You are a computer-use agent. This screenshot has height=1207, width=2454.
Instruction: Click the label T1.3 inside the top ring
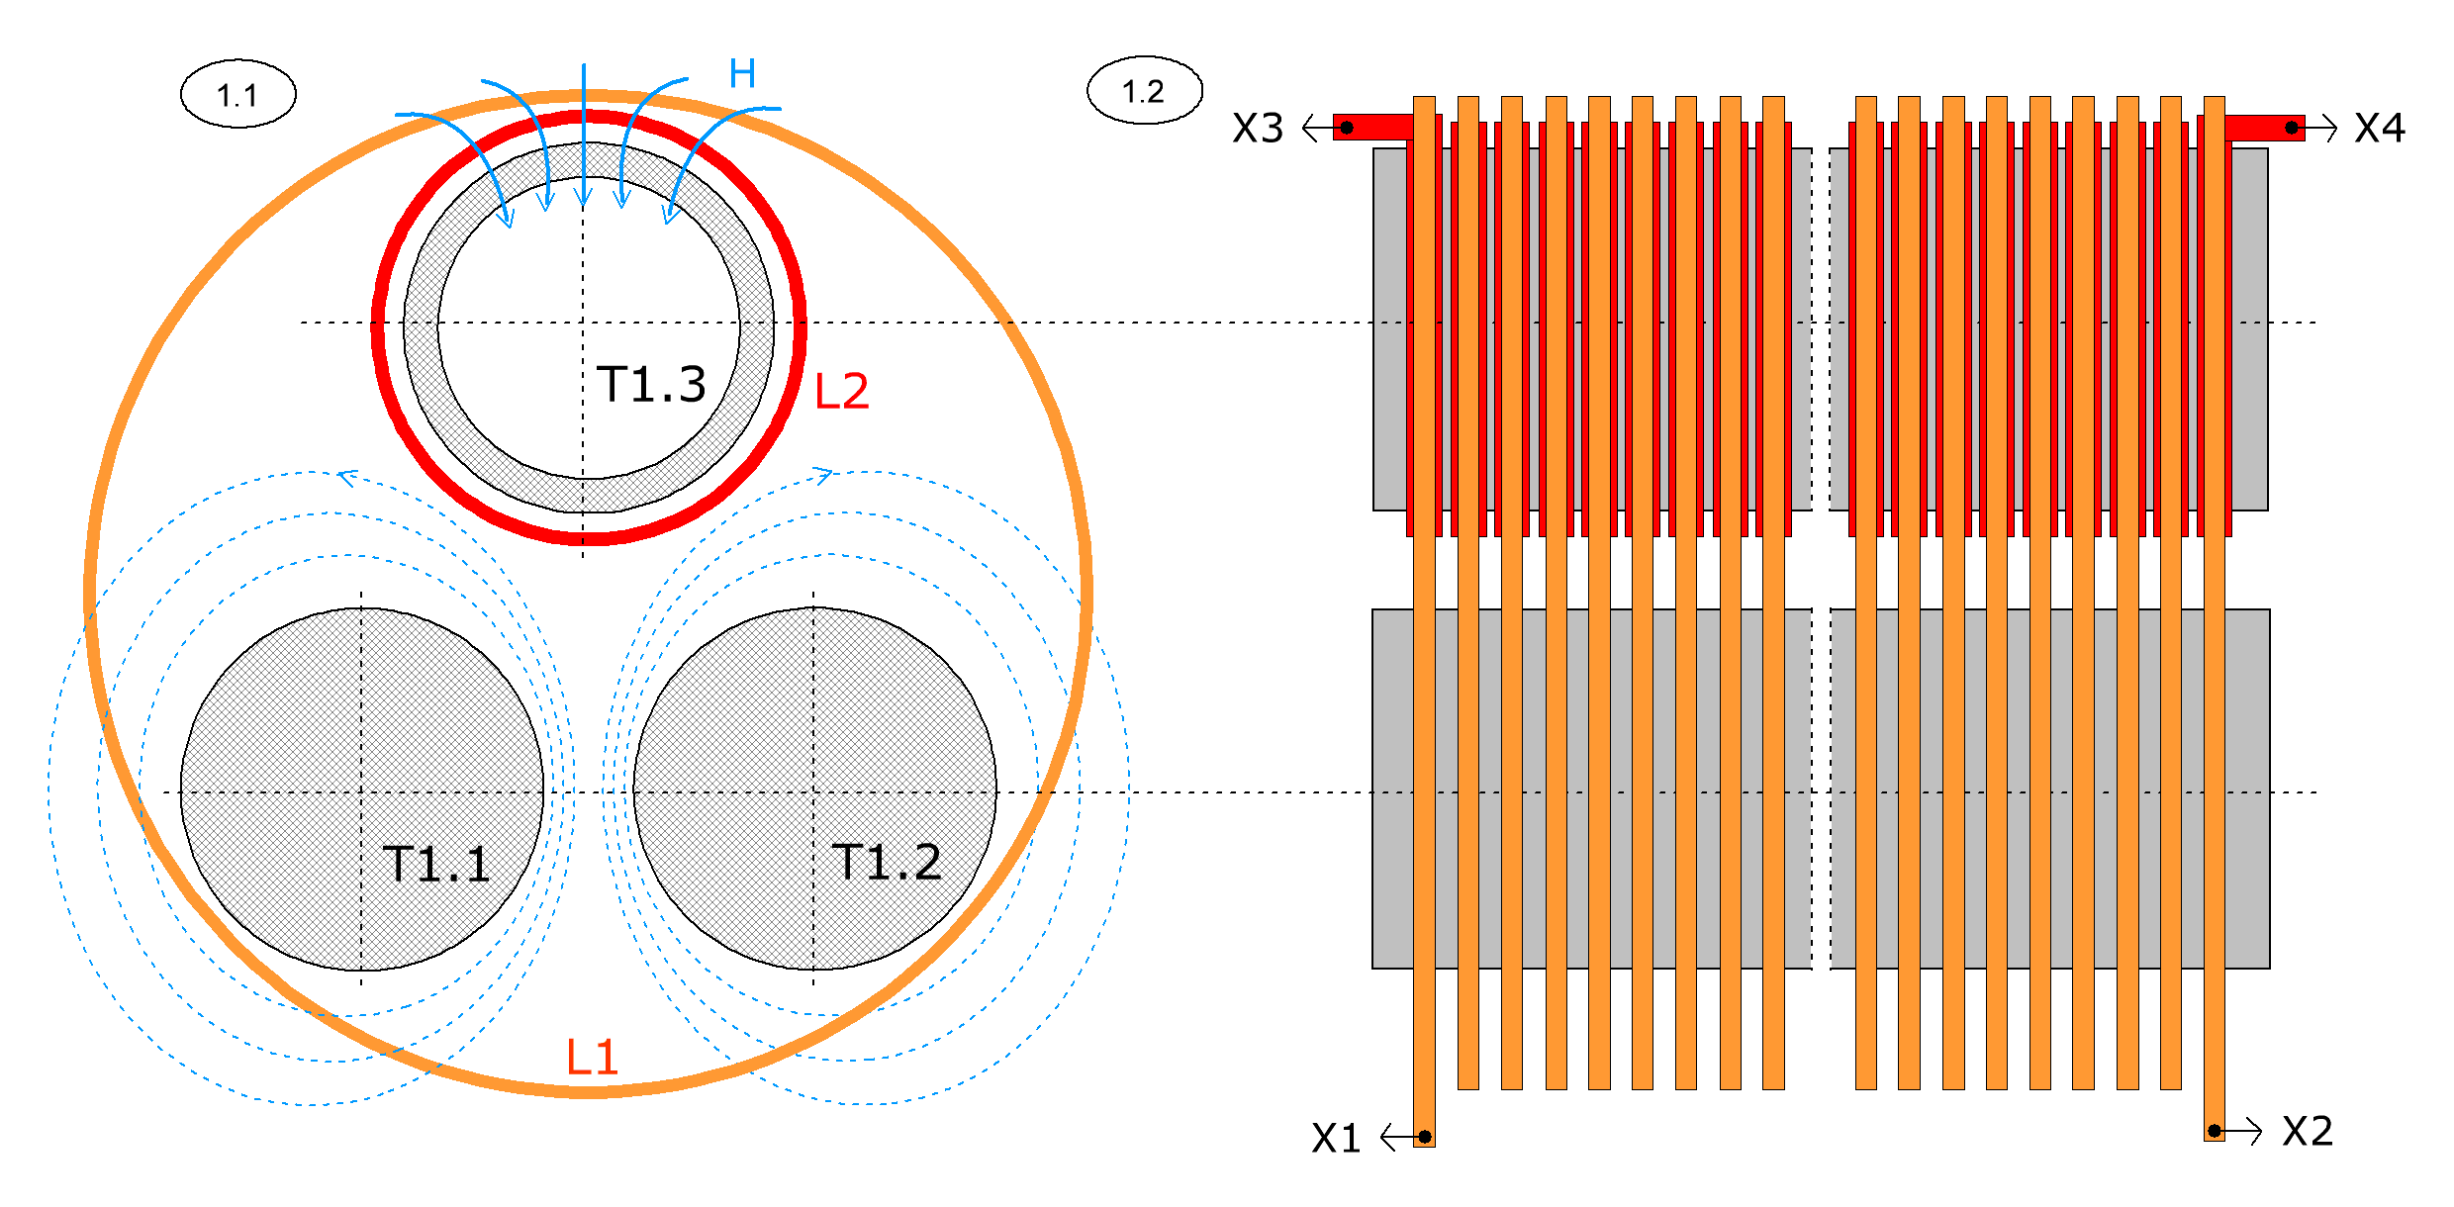tap(652, 384)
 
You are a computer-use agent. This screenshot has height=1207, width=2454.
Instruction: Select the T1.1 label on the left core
tap(436, 864)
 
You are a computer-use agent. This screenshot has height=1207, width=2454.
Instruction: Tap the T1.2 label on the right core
tap(887, 862)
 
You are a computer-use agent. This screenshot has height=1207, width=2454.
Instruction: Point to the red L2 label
tap(841, 391)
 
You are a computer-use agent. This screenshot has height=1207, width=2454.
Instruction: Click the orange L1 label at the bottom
tap(592, 1058)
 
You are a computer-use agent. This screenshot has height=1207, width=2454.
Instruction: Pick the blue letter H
tap(742, 73)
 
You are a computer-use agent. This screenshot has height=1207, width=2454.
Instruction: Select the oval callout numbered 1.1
tap(238, 94)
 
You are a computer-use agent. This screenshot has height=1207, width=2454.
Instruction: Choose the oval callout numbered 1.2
tap(1145, 91)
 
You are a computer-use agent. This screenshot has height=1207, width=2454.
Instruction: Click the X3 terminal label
tap(1258, 129)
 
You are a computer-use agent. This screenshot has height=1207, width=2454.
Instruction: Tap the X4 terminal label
tap(2380, 128)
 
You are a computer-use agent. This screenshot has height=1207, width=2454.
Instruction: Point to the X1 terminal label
tap(1336, 1139)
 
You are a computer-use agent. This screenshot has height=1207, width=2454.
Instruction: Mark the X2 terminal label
tap(2308, 1131)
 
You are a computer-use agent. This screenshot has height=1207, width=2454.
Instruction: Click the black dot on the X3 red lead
tap(1347, 128)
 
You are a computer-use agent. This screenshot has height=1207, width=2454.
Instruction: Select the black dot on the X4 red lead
tap(2292, 128)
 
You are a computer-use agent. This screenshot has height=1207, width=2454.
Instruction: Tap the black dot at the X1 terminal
tap(1425, 1137)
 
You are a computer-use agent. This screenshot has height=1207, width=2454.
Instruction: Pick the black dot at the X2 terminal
tap(2215, 1131)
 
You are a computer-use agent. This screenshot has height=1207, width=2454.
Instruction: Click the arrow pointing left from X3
tap(1324, 128)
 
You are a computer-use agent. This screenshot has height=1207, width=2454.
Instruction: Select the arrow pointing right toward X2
tap(2238, 1131)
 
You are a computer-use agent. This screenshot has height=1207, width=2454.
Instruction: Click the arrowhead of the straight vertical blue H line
tap(584, 196)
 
